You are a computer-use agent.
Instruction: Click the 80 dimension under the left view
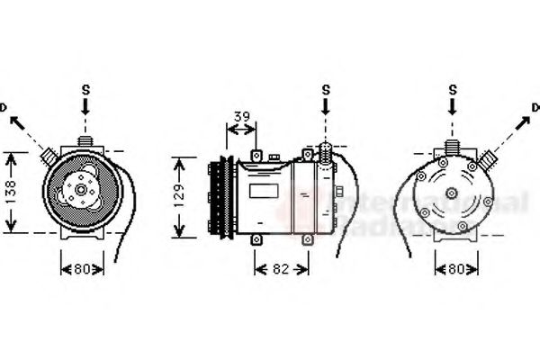tap(83, 268)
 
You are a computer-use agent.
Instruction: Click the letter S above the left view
tap(86, 88)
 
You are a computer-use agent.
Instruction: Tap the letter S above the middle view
tap(326, 88)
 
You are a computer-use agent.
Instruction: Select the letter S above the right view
tap(454, 88)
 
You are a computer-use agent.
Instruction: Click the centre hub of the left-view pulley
tap(80, 190)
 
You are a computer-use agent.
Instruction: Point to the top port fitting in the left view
tap(86, 141)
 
